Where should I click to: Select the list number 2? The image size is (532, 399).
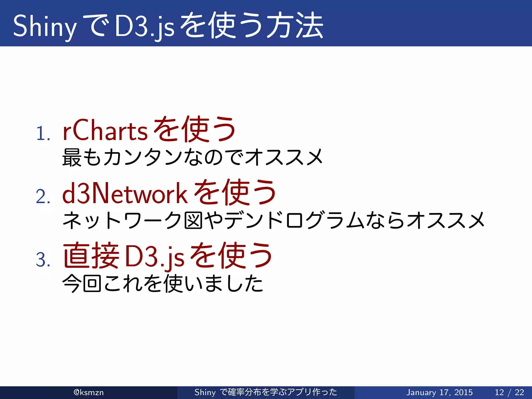click(x=43, y=197)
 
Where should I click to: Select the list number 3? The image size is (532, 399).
click(x=43, y=260)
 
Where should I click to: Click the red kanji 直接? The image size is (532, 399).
click(x=91, y=256)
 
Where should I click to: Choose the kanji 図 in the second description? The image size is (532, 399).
click(x=193, y=221)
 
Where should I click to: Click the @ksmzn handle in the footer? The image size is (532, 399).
click(x=89, y=392)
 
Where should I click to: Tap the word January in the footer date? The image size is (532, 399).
click(x=421, y=392)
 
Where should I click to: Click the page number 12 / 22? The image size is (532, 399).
click(x=509, y=392)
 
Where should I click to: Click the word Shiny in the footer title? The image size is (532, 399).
click(x=205, y=392)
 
